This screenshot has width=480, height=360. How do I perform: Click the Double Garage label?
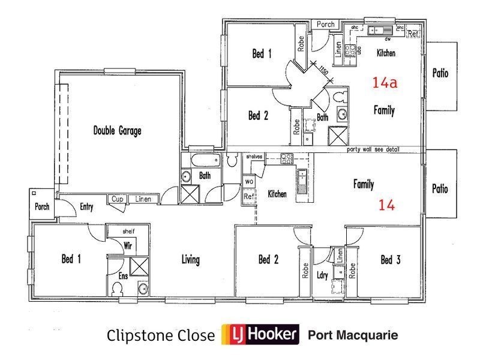pos(117,131)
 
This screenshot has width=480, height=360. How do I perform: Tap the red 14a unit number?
pos(385,83)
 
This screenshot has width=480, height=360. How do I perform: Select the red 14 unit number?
pos(387,205)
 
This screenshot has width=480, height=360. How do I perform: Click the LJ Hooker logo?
pos(260,334)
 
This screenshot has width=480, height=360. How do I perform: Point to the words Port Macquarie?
pos(353,334)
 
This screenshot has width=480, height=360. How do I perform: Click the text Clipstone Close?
pos(160,335)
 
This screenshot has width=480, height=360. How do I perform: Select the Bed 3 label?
pos(390,260)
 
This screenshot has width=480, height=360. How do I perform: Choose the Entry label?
pos(86,207)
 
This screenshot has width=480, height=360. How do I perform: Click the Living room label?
pos(191,260)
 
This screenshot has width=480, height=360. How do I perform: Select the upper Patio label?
pos(440,74)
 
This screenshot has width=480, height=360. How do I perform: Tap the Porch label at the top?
pos(325,25)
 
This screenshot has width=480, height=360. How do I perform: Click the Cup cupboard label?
pos(116,199)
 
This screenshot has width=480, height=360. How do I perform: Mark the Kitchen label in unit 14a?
pos(386,53)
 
